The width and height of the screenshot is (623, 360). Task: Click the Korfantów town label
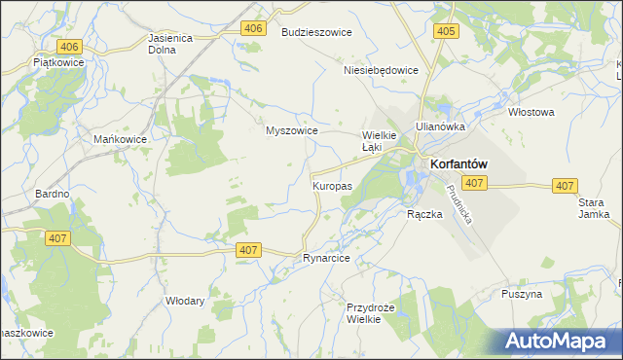(458, 165)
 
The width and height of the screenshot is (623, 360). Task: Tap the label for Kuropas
(332, 185)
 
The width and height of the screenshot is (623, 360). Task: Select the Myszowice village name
(292, 130)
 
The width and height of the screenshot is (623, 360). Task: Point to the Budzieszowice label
(316, 32)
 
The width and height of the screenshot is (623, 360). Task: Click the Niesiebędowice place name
(381, 70)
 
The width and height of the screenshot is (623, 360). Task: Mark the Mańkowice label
(120, 140)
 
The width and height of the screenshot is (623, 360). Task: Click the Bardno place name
(52, 195)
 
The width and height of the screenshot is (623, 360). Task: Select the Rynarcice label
(326, 259)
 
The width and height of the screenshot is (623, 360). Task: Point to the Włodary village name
(185, 301)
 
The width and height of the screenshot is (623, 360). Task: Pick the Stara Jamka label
(593, 209)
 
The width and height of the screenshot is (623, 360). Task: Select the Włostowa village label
(531, 112)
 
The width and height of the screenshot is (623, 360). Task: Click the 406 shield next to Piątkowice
(68, 46)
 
